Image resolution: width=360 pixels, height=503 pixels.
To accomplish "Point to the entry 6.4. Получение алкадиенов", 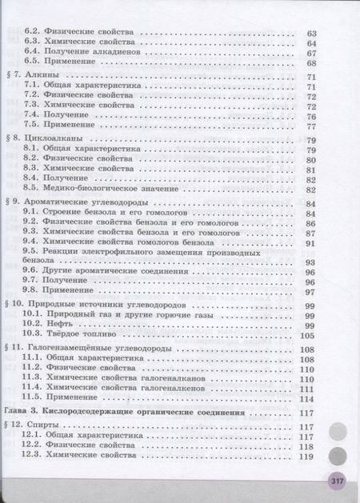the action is click(83, 52).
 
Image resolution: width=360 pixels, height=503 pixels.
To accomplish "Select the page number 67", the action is click(311, 52).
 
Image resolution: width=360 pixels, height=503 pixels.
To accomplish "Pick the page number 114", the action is click(306, 399).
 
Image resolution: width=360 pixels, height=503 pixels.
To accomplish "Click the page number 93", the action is click(310, 261).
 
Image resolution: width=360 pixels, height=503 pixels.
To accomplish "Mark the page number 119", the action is click(306, 457).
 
